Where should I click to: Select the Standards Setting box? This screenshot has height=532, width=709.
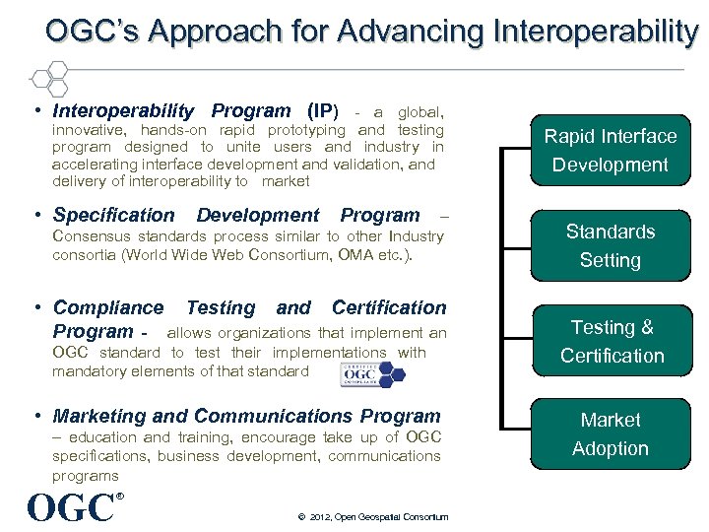[x=611, y=246]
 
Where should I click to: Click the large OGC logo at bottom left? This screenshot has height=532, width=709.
[x=71, y=507]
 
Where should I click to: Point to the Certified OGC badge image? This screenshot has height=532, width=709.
[x=371, y=373]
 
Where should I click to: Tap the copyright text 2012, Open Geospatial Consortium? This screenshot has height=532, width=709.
[x=371, y=517]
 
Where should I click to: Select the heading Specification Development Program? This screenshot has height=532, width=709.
[x=236, y=215]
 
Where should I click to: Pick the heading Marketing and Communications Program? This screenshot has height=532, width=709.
[x=246, y=416]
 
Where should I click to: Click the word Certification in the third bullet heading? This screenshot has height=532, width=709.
[x=389, y=308]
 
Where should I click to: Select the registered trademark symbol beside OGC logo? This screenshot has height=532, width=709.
[x=120, y=497]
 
